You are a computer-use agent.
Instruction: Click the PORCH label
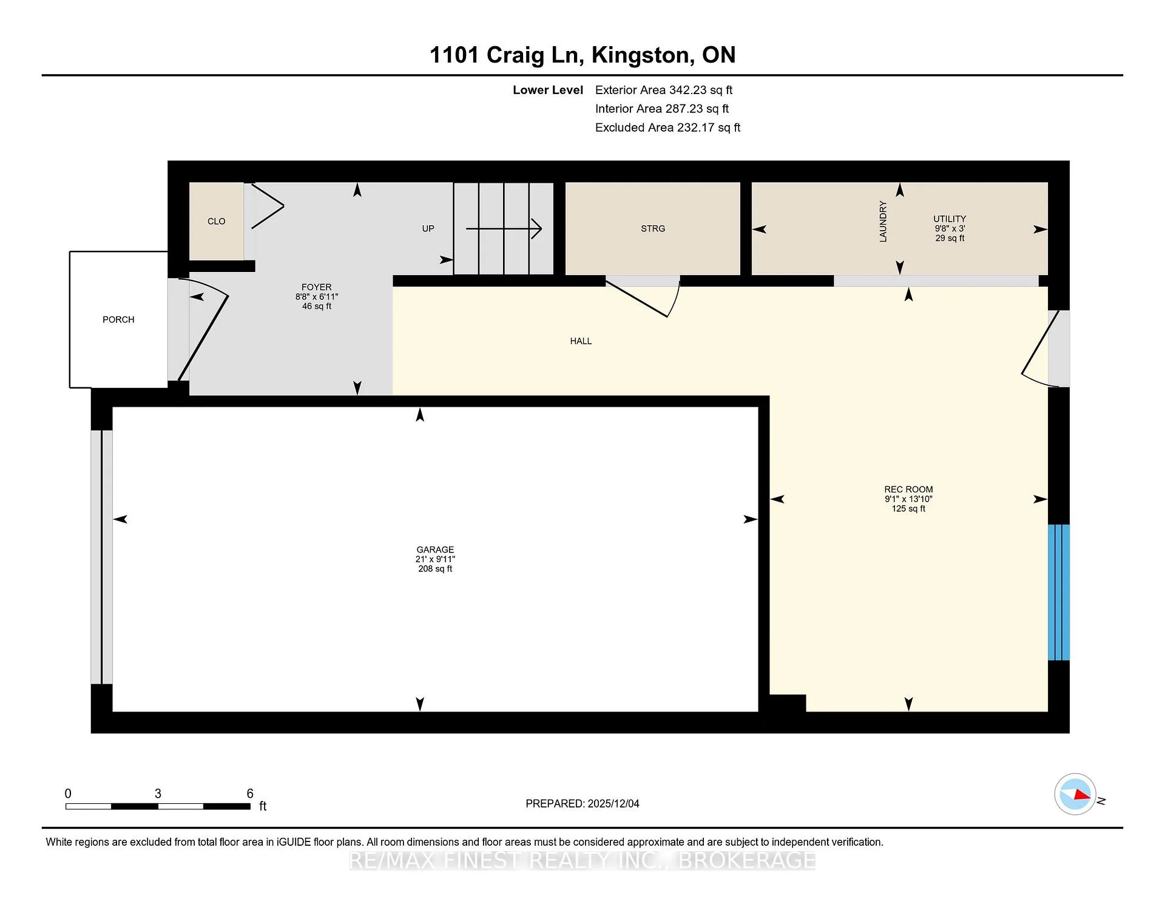[x=118, y=319]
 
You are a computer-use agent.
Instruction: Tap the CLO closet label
[x=216, y=221]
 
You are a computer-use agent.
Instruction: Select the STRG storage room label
[x=653, y=228]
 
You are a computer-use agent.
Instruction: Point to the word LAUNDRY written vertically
[x=883, y=222]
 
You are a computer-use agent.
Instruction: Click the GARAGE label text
[x=435, y=549]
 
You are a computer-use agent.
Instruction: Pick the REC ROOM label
[x=908, y=489]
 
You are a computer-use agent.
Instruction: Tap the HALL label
[x=581, y=341]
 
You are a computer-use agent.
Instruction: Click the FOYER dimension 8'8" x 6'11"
[x=317, y=297]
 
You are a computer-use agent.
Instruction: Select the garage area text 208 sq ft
[x=435, y=569]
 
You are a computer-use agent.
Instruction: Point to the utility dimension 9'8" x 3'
[x=950, y=229]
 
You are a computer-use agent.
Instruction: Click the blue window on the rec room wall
[x=1059, y=592]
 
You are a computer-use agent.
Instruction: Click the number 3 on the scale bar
[x=158, y=794]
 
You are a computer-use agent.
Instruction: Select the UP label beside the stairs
[x=428, y=229]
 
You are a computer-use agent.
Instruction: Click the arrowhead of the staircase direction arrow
[x=537, y=229]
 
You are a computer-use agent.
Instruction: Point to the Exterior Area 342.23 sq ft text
[x=664, y=90]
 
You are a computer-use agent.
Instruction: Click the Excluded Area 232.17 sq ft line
[x=667, y=127]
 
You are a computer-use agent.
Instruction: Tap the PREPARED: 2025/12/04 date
[x=582, y=803]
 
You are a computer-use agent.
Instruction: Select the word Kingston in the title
[x=643, y=55]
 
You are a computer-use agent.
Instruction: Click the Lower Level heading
[x=548, y=90]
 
